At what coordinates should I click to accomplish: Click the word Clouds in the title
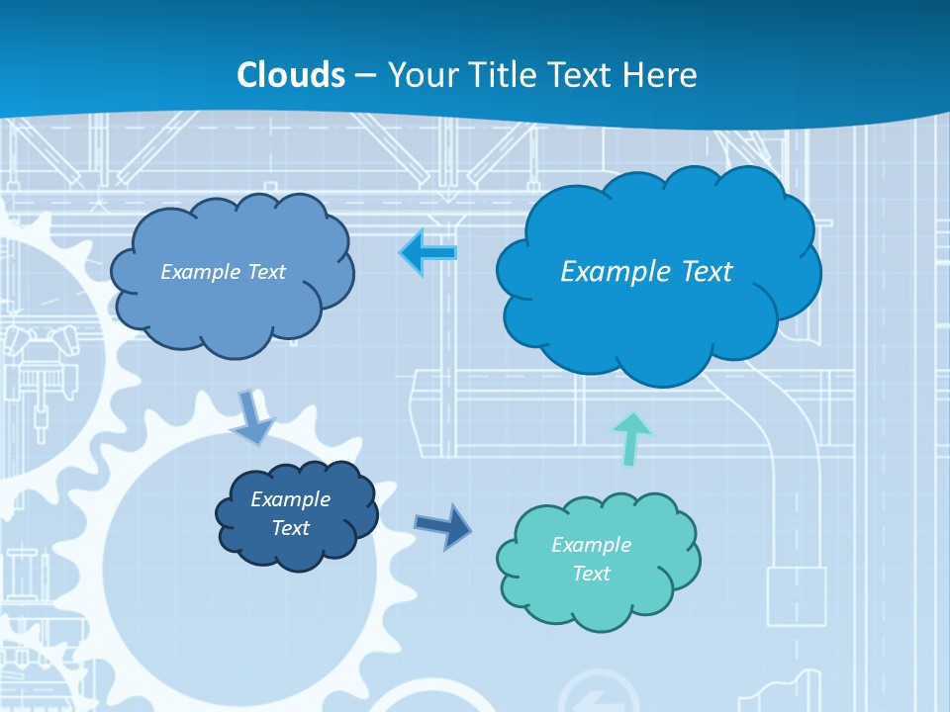(291, 75)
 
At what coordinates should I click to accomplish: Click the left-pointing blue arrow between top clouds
(428, 253)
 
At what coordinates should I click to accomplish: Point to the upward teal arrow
(632, 438)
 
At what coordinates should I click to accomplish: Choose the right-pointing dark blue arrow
(443, 525)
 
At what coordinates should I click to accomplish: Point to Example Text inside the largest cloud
(646, 272)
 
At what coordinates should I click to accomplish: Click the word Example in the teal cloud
(591, 545)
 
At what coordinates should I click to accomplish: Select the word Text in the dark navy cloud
(290, 528)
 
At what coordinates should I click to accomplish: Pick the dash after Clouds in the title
(365, 76)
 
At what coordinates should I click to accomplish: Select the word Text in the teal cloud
(591, 574)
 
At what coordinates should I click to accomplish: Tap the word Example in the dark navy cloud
(290, 499)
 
